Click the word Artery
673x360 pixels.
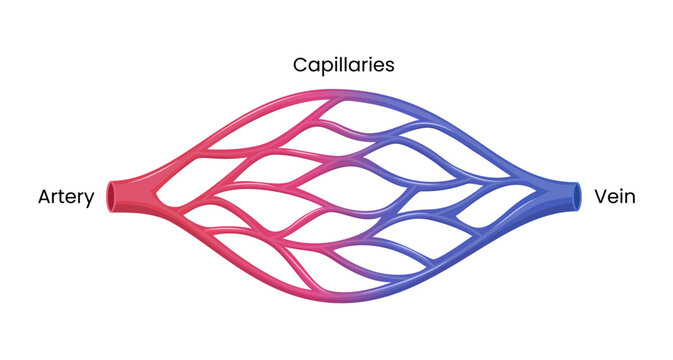pos(65,198)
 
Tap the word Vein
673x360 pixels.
pos(614,197)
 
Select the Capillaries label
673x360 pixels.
pos(343,65)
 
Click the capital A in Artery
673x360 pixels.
pos(43,197)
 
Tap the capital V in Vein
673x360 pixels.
pos(600,197)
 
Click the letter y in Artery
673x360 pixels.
pos(89,200)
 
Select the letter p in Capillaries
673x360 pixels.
pos(326,68)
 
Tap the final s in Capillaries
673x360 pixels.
pos(390,66)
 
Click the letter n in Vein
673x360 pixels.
pos(630,198)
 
